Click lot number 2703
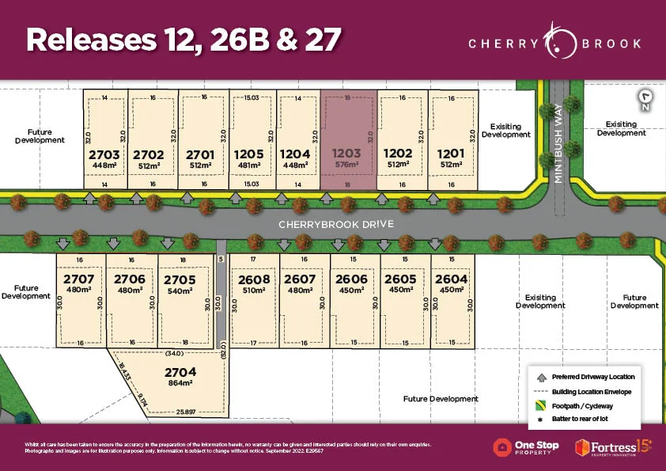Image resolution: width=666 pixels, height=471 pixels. coord(104,154)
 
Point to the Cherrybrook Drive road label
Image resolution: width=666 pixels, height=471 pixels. coord(335,224)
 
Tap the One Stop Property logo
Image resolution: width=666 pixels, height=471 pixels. coord(526,447)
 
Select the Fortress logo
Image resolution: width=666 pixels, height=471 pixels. coord(614,447)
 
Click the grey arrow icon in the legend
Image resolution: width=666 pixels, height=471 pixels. coord(539,376)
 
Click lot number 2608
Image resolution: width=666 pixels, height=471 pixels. coord(253,279)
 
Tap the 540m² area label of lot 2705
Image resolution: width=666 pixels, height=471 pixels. coord(180,291)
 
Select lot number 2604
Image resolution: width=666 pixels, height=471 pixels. coord(451,279)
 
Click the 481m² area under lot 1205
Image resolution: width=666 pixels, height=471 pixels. coord(250,165)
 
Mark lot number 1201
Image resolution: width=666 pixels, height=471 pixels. coord(450,154)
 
